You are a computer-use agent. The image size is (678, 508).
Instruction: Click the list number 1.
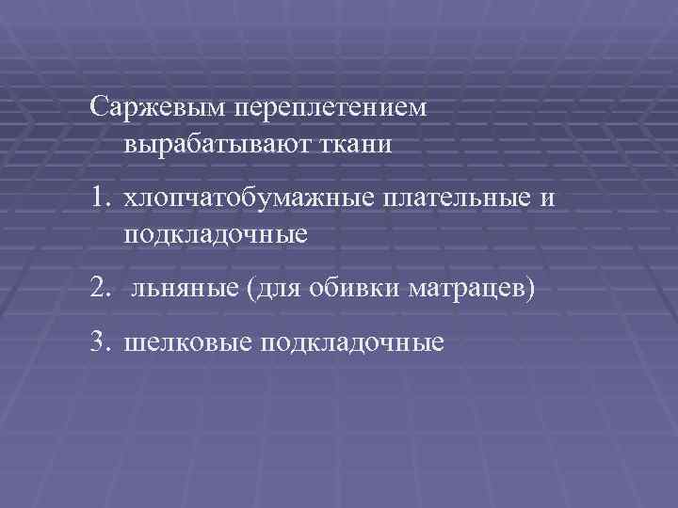tap(101, 198)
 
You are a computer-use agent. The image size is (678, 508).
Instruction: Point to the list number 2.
tap(101, 290)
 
